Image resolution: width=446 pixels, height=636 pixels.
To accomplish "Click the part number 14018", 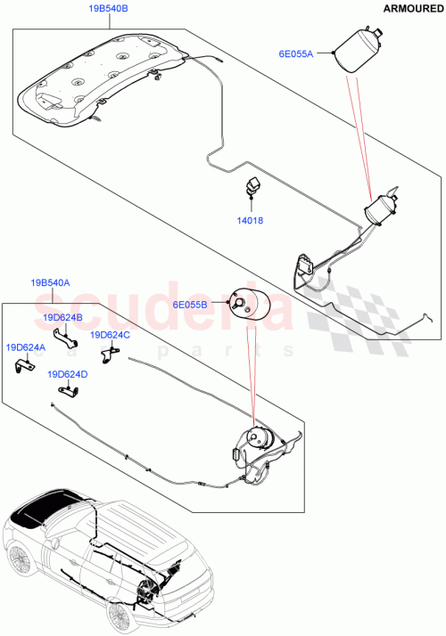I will coord(251,220).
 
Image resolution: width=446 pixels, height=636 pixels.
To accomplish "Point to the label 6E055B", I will coord(188,304).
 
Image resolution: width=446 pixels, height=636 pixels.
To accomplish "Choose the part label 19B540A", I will coord(51,282).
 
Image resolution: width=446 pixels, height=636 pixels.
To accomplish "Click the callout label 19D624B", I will coord(62,317).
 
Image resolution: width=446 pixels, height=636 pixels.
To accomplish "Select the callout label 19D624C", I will coord(110,335).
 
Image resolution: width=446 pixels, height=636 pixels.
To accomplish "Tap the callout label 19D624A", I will coord(27,347).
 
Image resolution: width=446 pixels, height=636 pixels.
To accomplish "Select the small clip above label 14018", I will coord(251,189).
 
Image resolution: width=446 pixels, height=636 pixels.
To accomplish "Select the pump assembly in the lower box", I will coord(259,442).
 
